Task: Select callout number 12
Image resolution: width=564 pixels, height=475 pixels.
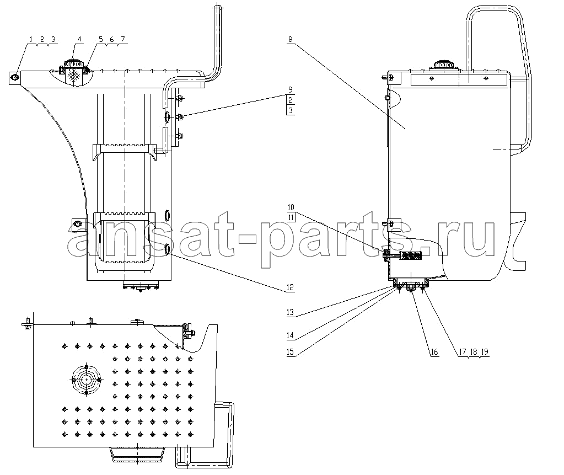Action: point(290,287)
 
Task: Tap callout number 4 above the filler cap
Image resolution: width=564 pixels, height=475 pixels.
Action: point(79,39)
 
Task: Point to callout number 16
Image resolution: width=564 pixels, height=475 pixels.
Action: point(434,351)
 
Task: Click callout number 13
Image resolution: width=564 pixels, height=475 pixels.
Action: point(290,312)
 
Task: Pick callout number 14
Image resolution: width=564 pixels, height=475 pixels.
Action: point(290,335)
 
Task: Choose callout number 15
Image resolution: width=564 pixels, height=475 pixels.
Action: point(290,352)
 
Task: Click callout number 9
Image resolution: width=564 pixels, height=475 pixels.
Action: point(291,89)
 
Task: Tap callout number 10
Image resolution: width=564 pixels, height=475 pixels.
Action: point(291,207)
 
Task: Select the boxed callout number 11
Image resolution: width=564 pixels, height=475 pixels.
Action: point(291,217)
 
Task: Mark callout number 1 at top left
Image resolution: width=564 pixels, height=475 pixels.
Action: point(31,39)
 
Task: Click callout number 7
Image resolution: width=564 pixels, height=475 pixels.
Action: point(122,39)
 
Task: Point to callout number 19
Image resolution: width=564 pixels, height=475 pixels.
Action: point(485,351)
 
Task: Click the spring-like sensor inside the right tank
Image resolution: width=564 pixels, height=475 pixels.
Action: point(411,255)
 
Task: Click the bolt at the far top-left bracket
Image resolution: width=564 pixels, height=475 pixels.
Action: point(15,77)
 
